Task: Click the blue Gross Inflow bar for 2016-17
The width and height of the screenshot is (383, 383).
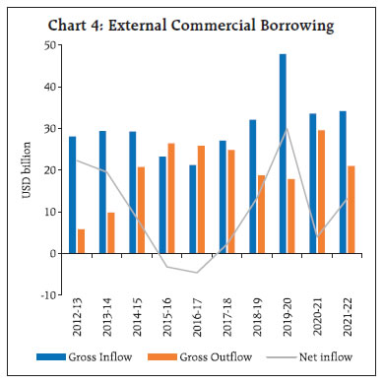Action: [x=193, y=209]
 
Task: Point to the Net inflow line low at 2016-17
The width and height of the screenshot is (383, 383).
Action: [x=197, y=273]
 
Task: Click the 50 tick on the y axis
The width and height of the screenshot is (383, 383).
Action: [x=48, y=45]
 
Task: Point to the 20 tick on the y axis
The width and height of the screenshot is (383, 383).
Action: [x=48, y=170]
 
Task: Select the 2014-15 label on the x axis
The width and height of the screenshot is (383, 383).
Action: [x=133, y=319]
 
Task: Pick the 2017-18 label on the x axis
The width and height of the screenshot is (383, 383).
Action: [x=224, y=319]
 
